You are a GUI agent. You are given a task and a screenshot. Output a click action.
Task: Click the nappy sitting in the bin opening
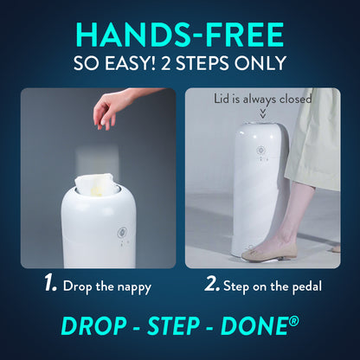click(94, 183)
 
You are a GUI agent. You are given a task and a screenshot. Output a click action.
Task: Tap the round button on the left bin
click(122, 233)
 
